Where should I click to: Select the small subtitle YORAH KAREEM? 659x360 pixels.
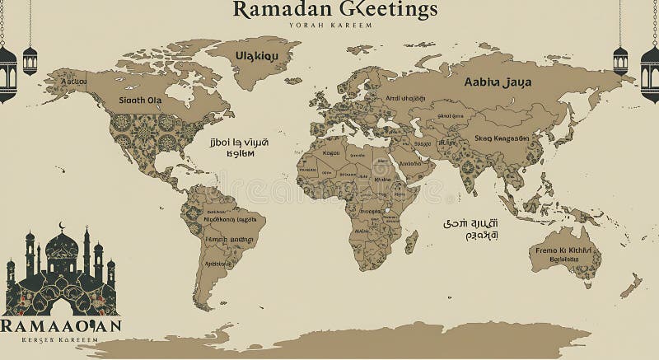pyautogui.click(x=331, y=26)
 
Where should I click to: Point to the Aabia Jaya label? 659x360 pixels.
pyautogui.click(x=498, y=82)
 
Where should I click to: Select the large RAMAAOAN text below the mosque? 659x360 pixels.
pyautogui.click(x=62, y=326)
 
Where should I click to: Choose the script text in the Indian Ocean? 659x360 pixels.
pyautogui.click(x=472, y=228)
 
